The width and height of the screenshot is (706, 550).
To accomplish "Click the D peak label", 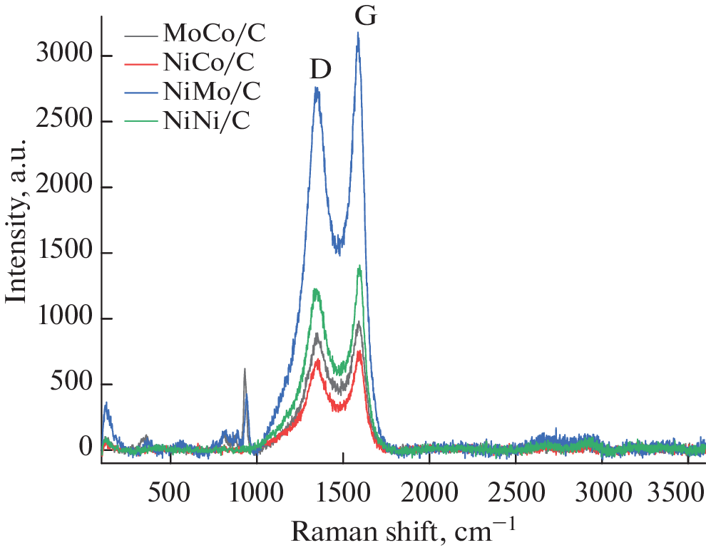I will coord(320,69).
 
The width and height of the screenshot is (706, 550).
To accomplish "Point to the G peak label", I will coord(365,16).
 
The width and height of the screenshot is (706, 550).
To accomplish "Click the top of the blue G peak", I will coord(358,33).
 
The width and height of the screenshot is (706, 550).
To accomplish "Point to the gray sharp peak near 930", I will coord(245,369).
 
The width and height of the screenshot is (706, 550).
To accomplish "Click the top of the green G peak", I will coord(359,266).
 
